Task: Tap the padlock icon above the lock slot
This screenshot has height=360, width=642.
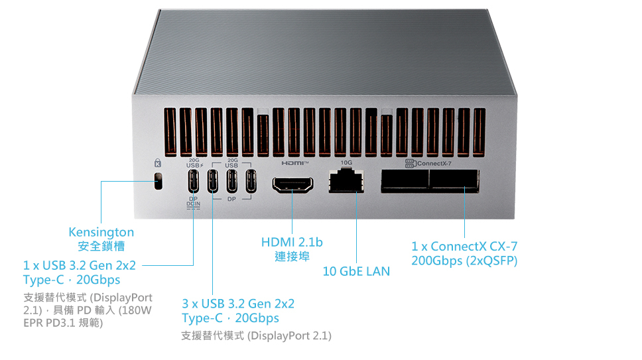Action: click(x=157, y=163)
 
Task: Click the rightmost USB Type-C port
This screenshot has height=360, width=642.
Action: click(x=251, y=181)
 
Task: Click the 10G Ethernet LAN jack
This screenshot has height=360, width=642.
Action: click(x=346, y=180)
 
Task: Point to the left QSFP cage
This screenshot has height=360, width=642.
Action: click(x=404, y=181)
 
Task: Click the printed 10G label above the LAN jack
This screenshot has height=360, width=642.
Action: click(x=346, y=162)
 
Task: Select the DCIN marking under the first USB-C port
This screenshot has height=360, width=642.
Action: click(x=194, y=204)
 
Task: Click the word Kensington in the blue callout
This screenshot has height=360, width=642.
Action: click(x=101, y=232)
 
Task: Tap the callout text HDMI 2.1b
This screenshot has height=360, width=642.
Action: click(x=292, y=242)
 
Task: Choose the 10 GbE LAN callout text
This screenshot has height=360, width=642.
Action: click(x=356, y=271)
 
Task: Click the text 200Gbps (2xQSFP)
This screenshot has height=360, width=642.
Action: click(x=464, y=261)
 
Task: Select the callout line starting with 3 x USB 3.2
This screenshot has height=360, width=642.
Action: click(x=238, y=304)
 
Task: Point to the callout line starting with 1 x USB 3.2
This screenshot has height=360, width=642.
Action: click(x=79, y=265)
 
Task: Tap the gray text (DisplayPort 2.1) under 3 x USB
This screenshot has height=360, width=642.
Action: click(x=289, y=336)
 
